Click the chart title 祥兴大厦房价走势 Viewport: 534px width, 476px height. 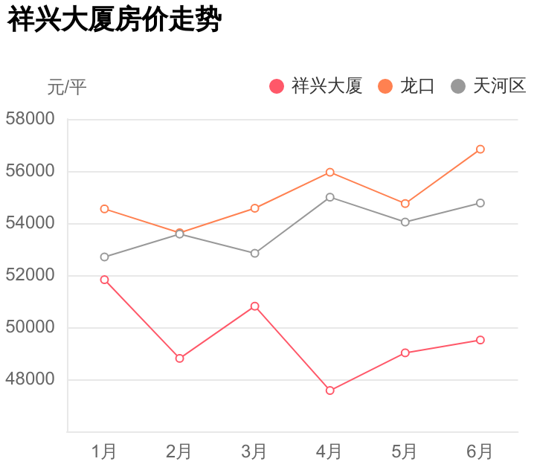click(115, 20)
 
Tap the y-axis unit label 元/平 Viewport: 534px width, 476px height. click(67, 87)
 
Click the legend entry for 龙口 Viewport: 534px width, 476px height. click(407, 86)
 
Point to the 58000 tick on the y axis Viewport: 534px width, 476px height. click(30, 119)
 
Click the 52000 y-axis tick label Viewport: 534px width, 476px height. click(30, 275)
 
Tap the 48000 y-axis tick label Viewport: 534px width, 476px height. click(30, 379)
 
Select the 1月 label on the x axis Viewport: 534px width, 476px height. click(104, 451)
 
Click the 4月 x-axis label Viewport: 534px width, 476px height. click(329, 451)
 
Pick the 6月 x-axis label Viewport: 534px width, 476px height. click(480, 451)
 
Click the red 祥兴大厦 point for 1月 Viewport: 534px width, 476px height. click(104, 280)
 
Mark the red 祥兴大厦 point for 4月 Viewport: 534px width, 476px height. click(329, 390)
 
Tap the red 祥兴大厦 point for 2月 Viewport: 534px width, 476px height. click(179, 358)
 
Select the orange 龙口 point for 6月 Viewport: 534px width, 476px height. click(480, 149)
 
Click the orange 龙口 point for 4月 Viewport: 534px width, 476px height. click(329, 173)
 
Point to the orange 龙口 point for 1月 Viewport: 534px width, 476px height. click(104, 209)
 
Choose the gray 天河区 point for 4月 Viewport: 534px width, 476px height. click(329, 197)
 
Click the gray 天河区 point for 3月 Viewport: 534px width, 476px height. click(254, 254)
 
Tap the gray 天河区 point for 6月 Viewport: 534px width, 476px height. click(480, 203)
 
